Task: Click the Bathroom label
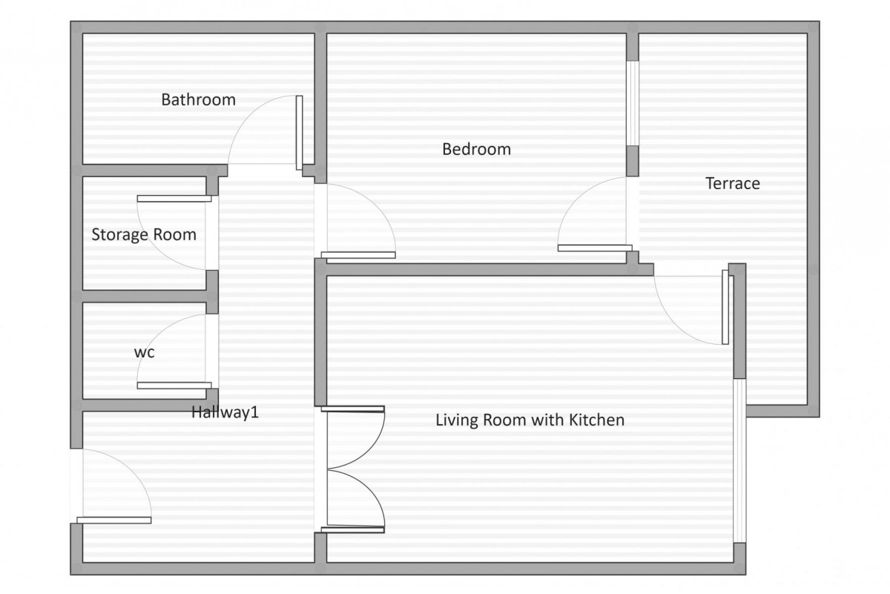(198, 99)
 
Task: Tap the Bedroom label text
(476, 149)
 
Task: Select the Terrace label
(733, 184)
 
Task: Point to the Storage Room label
(144, 235)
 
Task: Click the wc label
(144, 352)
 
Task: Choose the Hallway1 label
(225, 412)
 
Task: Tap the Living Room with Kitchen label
(530, 420)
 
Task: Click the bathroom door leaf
(299, 133)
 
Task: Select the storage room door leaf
(174, 199)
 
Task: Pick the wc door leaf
(174, 386)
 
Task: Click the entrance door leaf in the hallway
(114, 521)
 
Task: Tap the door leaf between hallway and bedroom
(358, 255)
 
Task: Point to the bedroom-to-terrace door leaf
(595, 248)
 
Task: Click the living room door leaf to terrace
(725, 307)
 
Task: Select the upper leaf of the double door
(353, 409)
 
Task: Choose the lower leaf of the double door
(353, 529)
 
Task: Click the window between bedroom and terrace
(633, 103)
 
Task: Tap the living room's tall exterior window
(739, 461)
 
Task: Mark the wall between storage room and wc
(145, 296)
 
